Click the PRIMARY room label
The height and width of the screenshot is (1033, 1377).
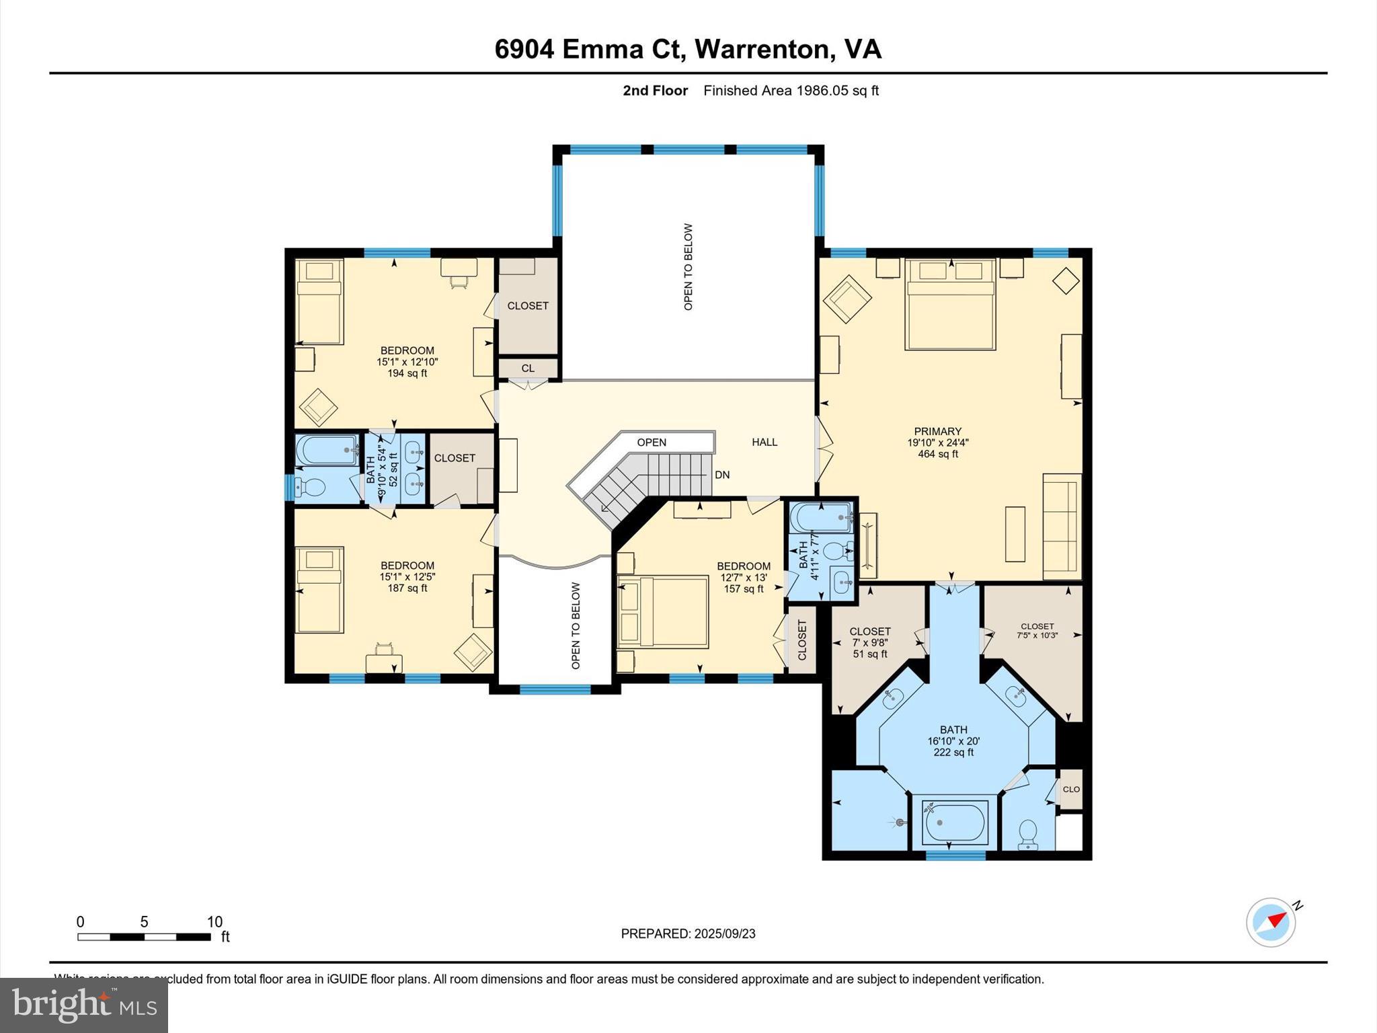pos(937,431)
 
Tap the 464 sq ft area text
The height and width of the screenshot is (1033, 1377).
pos(937,454)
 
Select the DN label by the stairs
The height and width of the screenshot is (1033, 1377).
pos(722,475)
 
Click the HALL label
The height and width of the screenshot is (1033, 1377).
pos(764,442)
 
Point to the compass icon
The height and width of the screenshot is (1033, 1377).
pos(1271,922)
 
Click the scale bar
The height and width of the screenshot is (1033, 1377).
pos(144,937)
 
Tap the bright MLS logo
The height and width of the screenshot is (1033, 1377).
pos(84,1005)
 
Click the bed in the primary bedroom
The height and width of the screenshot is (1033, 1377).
pos(949,304)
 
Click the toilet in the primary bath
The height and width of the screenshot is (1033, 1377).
pos(1027,834)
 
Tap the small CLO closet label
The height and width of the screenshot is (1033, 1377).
pos(1071,789)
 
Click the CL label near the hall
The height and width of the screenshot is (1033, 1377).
pos(528,368)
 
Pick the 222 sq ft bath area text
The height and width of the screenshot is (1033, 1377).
pos(953,753)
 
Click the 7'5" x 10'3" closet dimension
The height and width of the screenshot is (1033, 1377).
pos(1037,635)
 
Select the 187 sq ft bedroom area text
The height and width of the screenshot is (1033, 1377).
pos(407,588)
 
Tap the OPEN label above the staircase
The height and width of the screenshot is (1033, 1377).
pos(652,442)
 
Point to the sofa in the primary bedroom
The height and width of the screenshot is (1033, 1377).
pos(1062,526)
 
